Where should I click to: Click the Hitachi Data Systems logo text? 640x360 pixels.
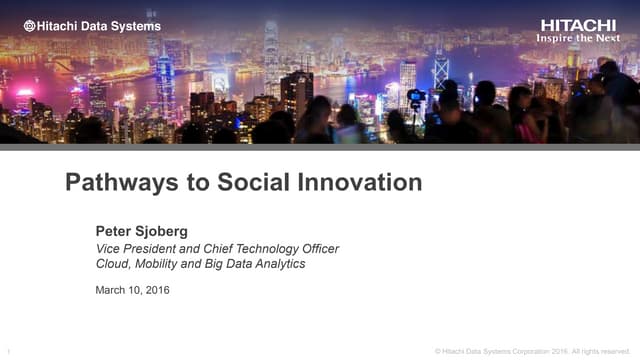click(91, 25)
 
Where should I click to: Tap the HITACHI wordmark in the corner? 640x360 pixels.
click(579, 24)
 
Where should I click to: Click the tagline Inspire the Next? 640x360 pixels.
click(578, 38)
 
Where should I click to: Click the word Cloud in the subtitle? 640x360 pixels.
click(114, 264)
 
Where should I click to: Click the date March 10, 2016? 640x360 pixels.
click(132, 290)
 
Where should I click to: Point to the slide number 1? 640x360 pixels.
click(9, 350)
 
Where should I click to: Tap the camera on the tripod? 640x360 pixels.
click(416, 97)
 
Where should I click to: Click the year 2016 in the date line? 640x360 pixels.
click(156, 290)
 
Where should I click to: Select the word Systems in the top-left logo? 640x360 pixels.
click(137, 25)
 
